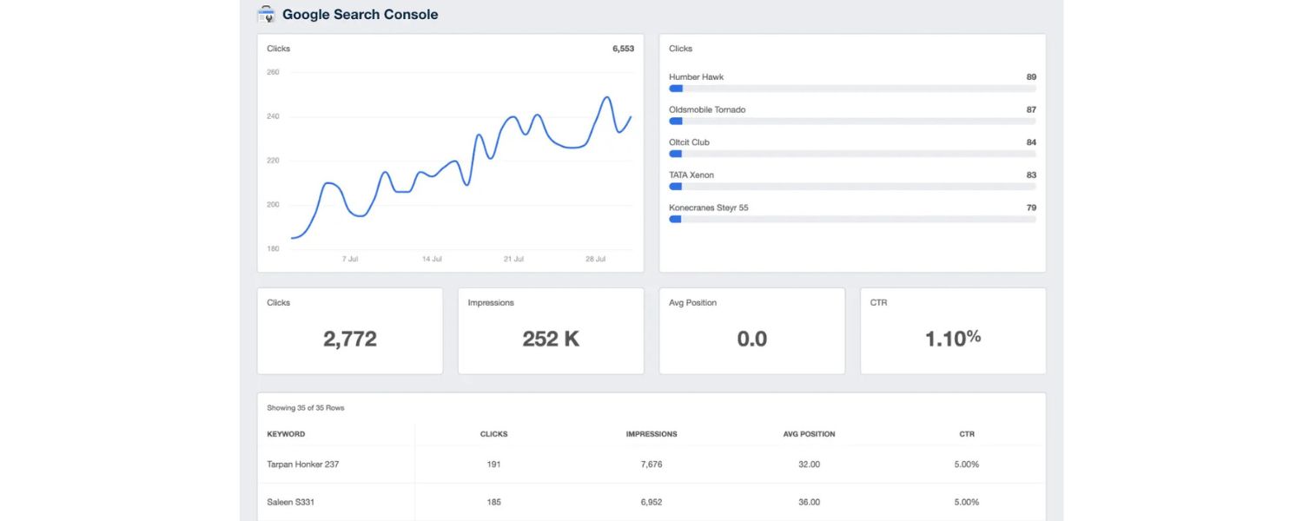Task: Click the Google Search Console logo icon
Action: coord(267,14)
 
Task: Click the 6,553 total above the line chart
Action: coord(623,49)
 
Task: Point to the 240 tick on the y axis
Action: coord(273,116)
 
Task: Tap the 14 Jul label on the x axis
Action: coord(432,259)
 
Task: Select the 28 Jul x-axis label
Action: coord(595,259)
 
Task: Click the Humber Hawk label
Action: coord(696,77)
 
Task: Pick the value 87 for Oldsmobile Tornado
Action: coord(1030,110)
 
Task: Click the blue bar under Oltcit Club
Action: coord(676,154)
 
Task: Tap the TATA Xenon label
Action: coord(691,175)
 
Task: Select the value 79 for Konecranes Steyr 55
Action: coord(1030,208)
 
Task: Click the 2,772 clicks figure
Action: coord(350,339)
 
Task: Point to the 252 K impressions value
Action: coord(551,339)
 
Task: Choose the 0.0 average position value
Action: coord(751,339)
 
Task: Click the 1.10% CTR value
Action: coord(953,339)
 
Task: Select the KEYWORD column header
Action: coord(286,434)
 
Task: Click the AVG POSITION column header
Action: coord(809,434)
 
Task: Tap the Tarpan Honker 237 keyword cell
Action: coord(302,465)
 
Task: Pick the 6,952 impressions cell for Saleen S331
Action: coord(651,502)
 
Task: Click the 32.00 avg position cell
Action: coord(809,465)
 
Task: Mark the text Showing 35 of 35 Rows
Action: coord(306,408)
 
